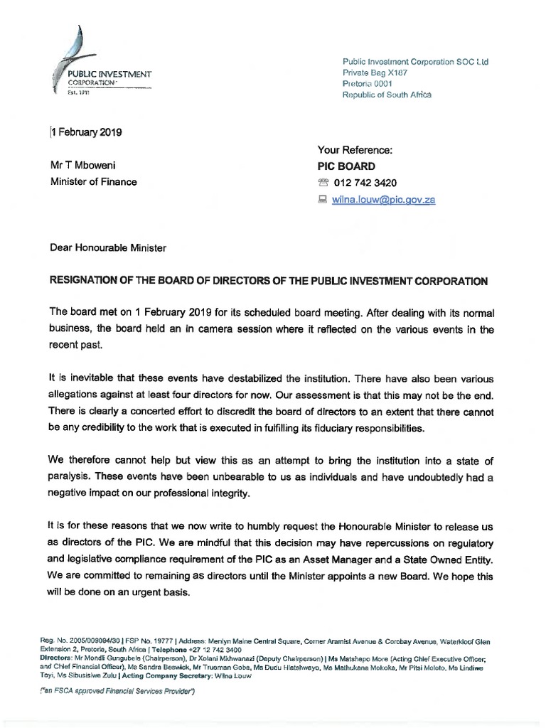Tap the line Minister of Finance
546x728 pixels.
[93, 182]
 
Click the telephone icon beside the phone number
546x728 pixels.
[324, 183]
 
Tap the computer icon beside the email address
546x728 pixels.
[324, 200]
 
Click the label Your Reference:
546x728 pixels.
[354, 149]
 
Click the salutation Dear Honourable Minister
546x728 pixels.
[107, 248]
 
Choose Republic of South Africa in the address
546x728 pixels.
[387, 95]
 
